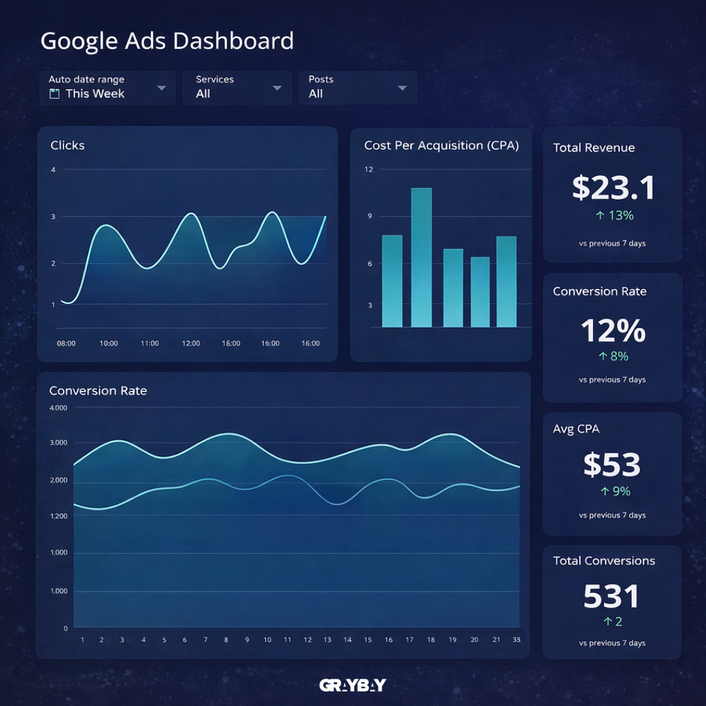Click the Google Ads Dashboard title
click(167, 41)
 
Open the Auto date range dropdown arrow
click(161, 88)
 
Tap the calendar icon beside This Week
click(55, 94)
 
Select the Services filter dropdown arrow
click(277, 88)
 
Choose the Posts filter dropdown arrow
click(402, 88)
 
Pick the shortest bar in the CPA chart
click(480, 292)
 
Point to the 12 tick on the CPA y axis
click(369, 170)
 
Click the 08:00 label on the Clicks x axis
click(66, 343)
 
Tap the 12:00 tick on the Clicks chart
click(191, 343)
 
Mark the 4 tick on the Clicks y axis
click(53, 170)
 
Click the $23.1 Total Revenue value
click(613, 188)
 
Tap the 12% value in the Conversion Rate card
click(613, 331)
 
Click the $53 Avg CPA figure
click(612, 465)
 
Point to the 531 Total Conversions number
click(612, 596)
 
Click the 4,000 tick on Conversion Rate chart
click(58, 408)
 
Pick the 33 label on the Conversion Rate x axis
click(517, 640)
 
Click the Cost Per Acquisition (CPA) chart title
click(441, 146)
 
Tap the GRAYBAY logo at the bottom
click(353, 685)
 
